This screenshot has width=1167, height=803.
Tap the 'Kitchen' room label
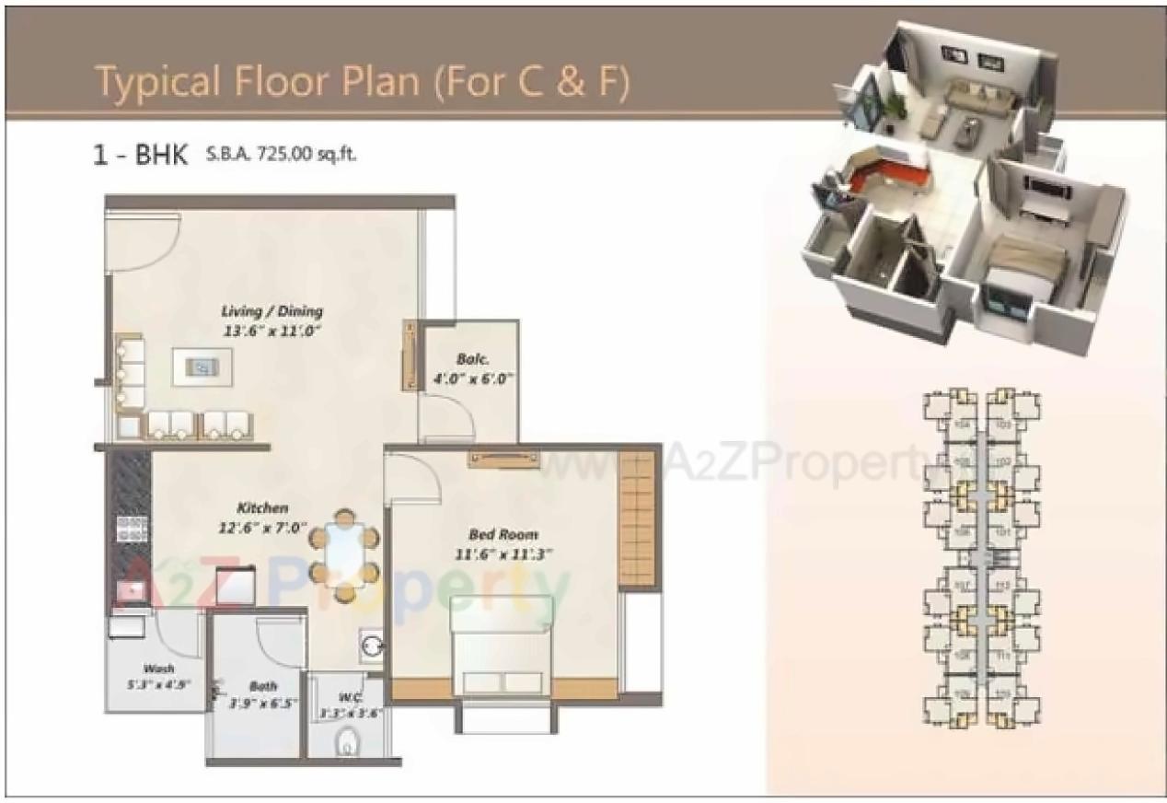point(262,508)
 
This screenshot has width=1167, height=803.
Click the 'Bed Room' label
point(503,534)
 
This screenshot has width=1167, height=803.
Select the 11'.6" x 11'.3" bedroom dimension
point(503,554)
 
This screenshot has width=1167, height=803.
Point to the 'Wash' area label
point(158,669)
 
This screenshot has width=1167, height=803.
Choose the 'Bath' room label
point(263,686)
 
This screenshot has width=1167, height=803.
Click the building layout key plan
point(982,558)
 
